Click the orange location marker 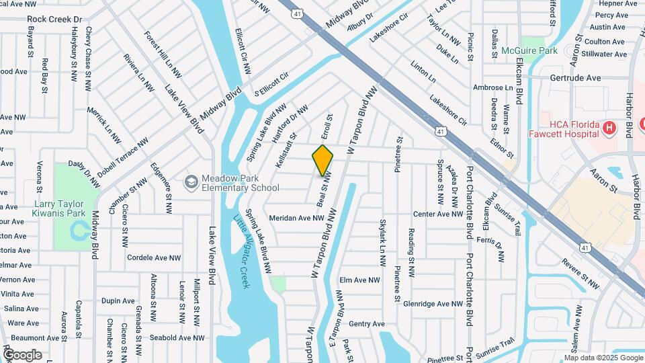322,160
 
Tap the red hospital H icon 609,128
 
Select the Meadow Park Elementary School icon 191,182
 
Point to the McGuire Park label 529,50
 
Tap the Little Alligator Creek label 241,251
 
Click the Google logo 22,354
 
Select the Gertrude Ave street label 575,78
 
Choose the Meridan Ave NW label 297,218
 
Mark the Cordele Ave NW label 154,257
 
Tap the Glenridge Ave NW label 433,304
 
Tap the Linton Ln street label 419,70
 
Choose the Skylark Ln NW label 384,236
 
